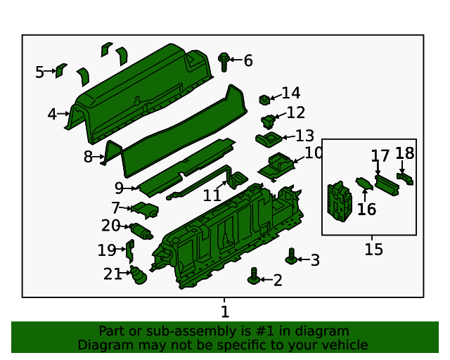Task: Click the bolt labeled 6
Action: point(224,61)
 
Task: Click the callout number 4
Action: point(52,114)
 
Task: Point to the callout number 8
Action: point(88,157)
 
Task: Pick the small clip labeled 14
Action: point(265,99)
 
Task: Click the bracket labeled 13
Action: point(268,138)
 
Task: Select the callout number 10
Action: point(313,153)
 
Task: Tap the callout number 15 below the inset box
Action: point(373,249)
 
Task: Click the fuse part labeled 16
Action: point(364,185)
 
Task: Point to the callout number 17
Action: point(380,155)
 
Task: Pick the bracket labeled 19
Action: point(129,250)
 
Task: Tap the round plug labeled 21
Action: point(138,276)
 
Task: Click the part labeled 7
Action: point(146,209)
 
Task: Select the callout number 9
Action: point(119,188)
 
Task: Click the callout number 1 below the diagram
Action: point(224,311)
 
